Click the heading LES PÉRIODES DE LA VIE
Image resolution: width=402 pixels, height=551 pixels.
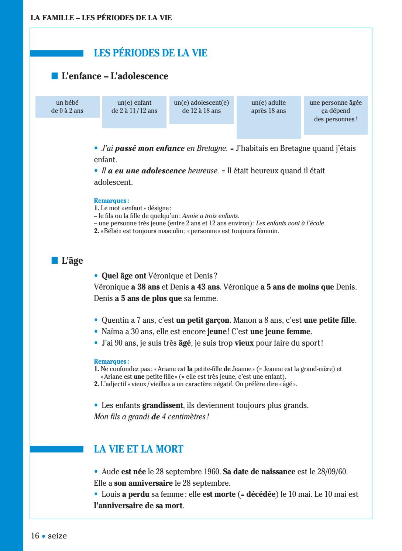coord(151,53)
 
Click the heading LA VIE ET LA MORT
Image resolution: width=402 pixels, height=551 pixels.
coord(138,449)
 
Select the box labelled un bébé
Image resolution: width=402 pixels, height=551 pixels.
coord(67,107)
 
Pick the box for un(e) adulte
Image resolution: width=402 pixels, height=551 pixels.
coord(268,117)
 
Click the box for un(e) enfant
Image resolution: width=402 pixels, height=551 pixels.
coord(134,112)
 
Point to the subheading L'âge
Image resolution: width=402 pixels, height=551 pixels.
coord(72,261)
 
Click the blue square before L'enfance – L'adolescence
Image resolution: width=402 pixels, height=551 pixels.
coord(55,76)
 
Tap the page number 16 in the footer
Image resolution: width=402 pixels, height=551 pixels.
coord(35,536)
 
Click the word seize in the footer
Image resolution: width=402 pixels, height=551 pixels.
coord(57,536)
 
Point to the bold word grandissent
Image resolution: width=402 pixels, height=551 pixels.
coord(162,406)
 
